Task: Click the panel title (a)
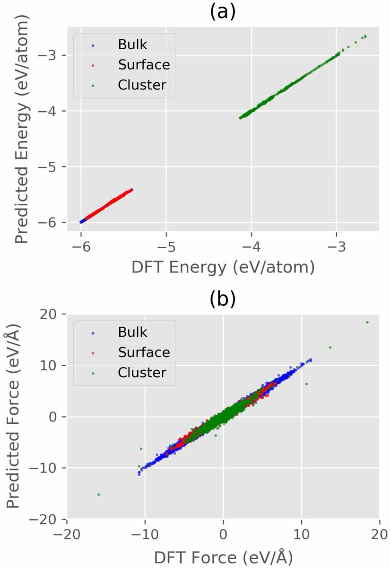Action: (x=222, y=11)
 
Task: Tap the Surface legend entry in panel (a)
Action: (x=144, y=65)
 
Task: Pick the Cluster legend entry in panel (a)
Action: (x=142, y=85)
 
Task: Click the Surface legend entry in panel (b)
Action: (x=144, y=352)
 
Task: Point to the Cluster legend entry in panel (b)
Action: (x=142, y=372)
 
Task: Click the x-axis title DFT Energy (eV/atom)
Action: (x=222, y=267)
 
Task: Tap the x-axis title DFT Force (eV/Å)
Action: (x=222, y=557)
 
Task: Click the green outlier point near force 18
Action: (x=367, y=323)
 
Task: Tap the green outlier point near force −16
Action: (x=99, y=494)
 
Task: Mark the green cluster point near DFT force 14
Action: (x=330, y=348)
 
